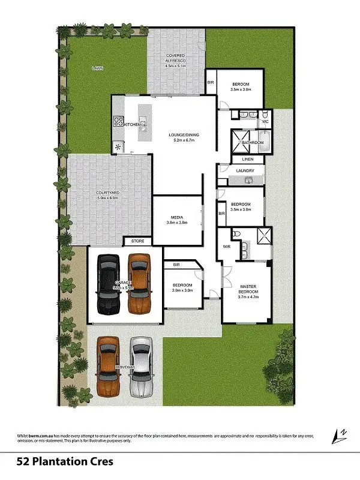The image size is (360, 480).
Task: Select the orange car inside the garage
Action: [139, 283]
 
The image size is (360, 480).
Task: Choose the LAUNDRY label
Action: [245, 170]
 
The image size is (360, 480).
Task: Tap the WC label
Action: [265, 122]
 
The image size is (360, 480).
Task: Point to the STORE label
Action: [137, 241]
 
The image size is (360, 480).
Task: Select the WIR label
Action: [227, 246]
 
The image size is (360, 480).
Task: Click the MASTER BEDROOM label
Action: [248, 289]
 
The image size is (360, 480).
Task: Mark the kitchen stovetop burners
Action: [118, 124]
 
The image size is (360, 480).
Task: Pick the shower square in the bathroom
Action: [241, 142]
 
